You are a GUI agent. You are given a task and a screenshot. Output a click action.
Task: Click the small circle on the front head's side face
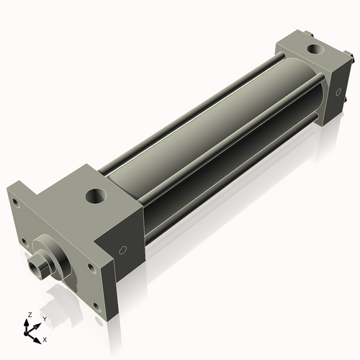[x=123, y=251]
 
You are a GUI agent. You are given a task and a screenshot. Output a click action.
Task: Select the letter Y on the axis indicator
[x=45, y=318]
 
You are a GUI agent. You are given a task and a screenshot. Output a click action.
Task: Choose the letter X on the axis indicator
[x=45, y=338]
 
